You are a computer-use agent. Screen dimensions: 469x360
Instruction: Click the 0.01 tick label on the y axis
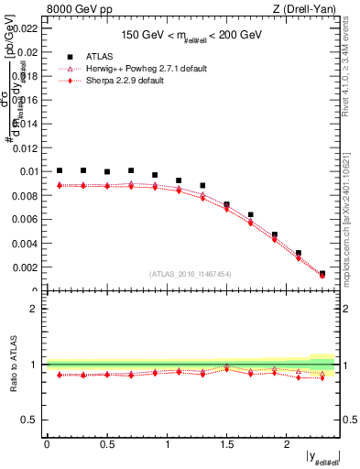point(28,171)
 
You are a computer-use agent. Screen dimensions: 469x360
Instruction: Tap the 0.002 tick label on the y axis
point(25,267)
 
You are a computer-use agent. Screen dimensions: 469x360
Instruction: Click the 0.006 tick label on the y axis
point(25,219)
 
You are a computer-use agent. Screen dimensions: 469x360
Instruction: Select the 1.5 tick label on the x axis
point(226,444)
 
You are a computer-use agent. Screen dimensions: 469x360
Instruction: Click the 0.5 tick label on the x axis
point(106,444)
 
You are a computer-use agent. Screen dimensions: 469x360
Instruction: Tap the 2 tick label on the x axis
point(286,444)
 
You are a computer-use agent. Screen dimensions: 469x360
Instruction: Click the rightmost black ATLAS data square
point(322,273)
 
